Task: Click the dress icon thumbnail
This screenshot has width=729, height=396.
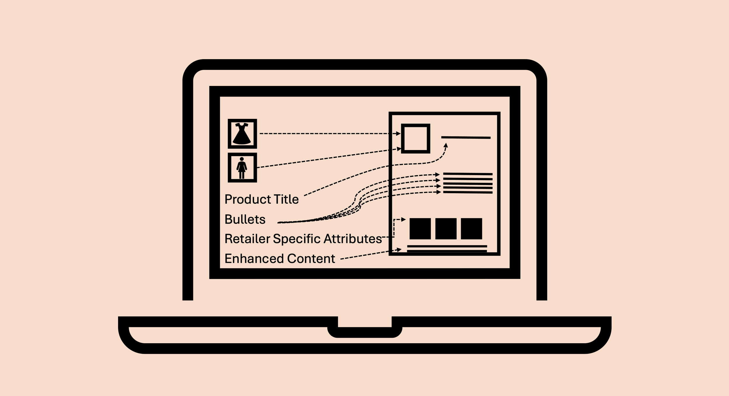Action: pyautogui.click(x=242, y=134)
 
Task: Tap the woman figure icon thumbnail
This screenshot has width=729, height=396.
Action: pyautogui.click(x=242, y=168)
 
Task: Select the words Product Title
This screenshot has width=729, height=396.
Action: pyautogui.click(x=262, y=200)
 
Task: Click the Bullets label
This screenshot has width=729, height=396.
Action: pyautogui.click(x=245, y=219)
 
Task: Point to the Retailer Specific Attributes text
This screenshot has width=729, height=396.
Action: pyautogui.click(x=303, y=239)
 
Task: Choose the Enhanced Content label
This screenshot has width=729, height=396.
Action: pyautogui.click(x=280, y=259)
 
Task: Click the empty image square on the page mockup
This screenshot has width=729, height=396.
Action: pyautogui.click(x=416, y=138)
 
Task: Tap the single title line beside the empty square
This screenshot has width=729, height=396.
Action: pyautogui.click(x=466, y=138)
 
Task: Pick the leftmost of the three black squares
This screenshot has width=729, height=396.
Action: pyautogui.click(x=420, y=229)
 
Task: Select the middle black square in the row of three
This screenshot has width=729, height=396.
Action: pyautogui.click(x=446, y=229)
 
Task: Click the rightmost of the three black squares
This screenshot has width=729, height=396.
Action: pyautogui.click(x=471, y=229)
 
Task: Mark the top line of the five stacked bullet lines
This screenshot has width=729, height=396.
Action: pyautogui.click(x=468, y=174)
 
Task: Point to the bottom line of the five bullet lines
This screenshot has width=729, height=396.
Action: pyautogui.click(x=468, y=192)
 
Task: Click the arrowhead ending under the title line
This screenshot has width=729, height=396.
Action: pyautogui.click(x=446, y=145)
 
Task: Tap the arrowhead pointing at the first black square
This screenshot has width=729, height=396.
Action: pyautogui.click(x=403, y=219)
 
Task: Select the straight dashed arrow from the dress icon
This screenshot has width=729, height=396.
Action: pyautogui.click(x=327, y=133)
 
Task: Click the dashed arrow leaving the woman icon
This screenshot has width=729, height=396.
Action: pyautogui.click(x=327, y=159)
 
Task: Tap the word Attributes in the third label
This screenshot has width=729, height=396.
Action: pyautogui.click(x=353, y=239)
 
